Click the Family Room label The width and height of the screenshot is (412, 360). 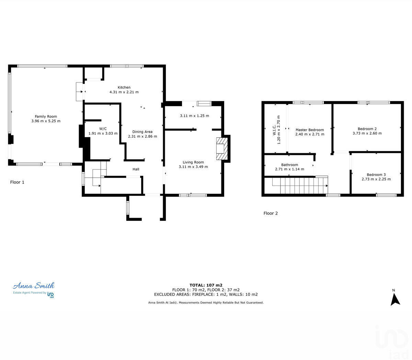coord(46,116)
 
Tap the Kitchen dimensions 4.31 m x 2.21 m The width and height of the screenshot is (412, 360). coord(124,92)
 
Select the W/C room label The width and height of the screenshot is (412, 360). coord(103,128)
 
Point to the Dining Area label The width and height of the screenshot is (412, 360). coord(142,132)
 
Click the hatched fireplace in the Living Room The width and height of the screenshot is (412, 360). coord(222,149)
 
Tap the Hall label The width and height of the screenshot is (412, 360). coord(136,169)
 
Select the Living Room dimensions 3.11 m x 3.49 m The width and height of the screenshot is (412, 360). coord(193,167)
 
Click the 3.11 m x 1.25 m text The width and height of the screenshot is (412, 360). coord(194,116)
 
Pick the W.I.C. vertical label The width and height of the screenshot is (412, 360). coord(277,130)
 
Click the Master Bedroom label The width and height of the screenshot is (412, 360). coord(310,130)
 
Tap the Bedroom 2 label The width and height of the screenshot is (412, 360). coord(367,129)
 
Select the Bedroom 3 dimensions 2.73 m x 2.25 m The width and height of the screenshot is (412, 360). coord(376,179)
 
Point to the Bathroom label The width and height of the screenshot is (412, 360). coord(289,165)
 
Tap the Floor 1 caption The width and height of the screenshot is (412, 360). coord(17,182)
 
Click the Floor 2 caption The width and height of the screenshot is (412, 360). coord(271,213)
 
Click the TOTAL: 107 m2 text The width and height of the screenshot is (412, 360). coord(206,285)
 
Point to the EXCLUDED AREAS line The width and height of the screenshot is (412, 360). coord(206,294)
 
